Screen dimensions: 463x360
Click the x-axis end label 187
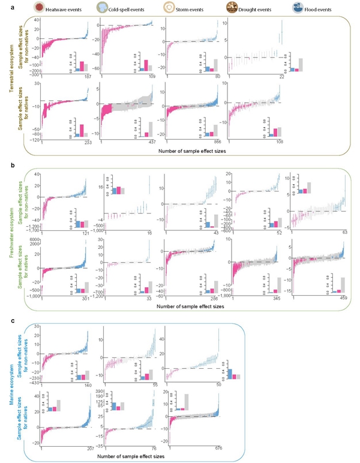pyautogui.click(x=88, y=77)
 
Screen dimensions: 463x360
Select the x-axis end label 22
pyautogui.click(x=279, y=77)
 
